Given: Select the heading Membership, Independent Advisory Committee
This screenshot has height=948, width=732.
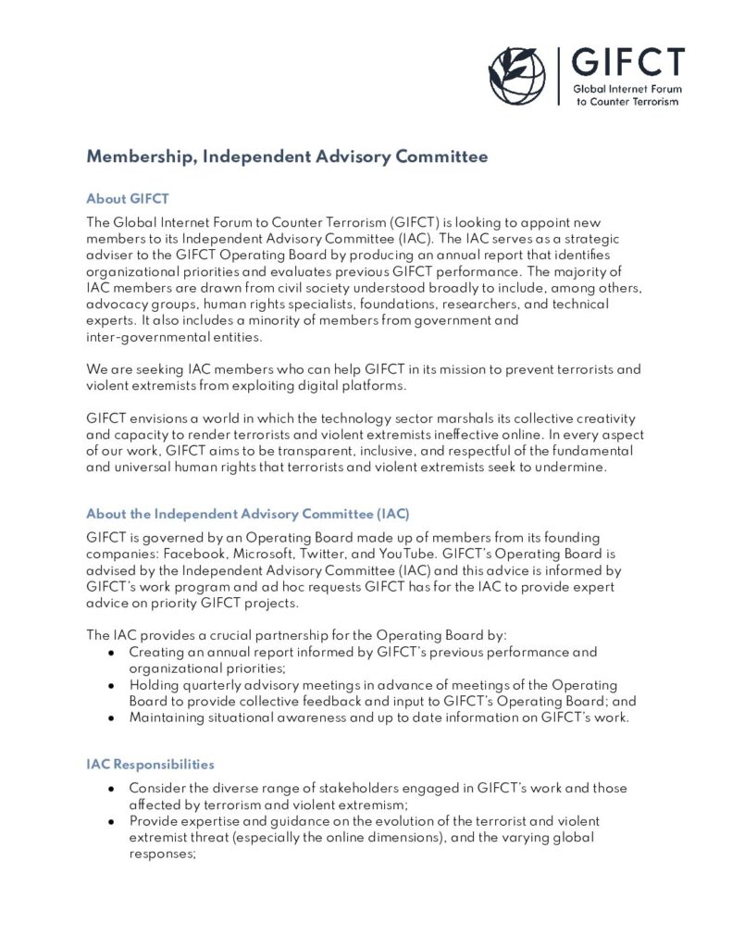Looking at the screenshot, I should (x=287, y=156).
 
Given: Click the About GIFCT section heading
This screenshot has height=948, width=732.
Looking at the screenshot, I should (x=127, y=199).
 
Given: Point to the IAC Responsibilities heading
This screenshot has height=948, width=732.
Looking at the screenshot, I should (x=150, y=765).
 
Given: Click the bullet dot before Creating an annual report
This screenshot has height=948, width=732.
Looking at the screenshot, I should (x=111, y=653).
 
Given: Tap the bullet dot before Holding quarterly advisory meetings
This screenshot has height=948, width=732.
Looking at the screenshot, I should (x=111, y=685).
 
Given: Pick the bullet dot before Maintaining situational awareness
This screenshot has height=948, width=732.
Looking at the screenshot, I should (x=111, y=717).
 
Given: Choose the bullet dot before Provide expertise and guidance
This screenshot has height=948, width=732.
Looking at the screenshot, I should (x=111, y=821).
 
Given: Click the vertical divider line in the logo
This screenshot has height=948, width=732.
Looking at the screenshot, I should (x=560, y=76).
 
